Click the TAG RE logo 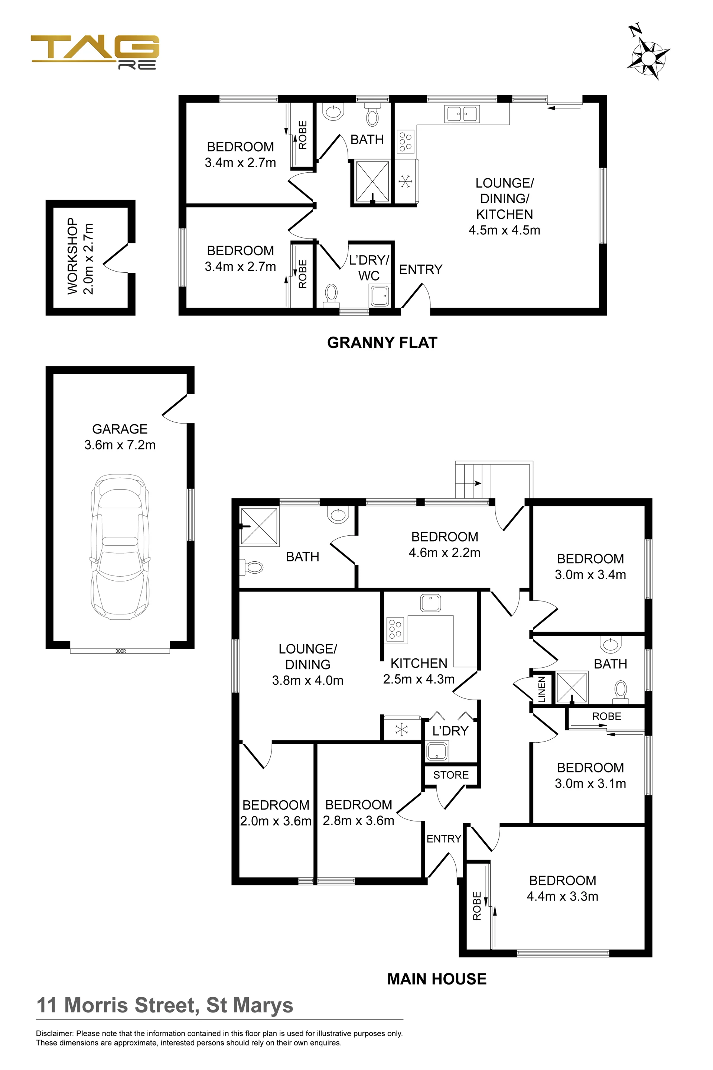95,52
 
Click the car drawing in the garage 120,547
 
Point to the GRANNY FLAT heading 382,343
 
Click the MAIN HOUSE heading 437,979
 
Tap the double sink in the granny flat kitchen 462,113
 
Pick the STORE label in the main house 450,775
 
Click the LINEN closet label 541,689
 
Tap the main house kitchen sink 430,603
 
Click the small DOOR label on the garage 120,651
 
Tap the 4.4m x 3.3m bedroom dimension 563,896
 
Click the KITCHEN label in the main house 419,663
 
